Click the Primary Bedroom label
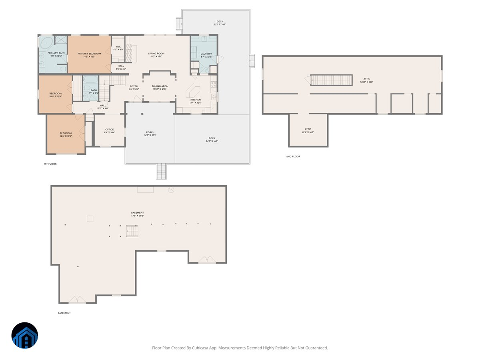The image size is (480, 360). (x=89, y=54)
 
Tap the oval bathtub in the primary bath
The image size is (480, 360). (x=46, y=42)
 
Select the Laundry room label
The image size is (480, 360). (x=206, y=54)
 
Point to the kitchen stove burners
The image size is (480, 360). (x=214, y=84)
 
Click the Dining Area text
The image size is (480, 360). (x=160, y=86)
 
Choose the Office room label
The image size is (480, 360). (x=110, y=130)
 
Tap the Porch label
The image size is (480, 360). (x=150, y=132)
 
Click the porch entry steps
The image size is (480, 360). (x=161, y=171)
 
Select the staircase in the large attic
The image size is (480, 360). (x=331, y=80)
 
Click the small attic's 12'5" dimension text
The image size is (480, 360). (x=308, y=132)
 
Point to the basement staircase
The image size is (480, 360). (x=133, y=231)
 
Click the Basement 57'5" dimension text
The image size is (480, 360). (x=137, y=216)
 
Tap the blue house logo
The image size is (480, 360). (x=24, y=335)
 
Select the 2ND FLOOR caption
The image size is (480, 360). (x=293, y=156)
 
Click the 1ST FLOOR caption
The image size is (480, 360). (x=50, y=164)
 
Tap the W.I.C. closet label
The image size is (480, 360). (x=118, y=47)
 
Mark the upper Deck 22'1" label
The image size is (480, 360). (x=220, y=25)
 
